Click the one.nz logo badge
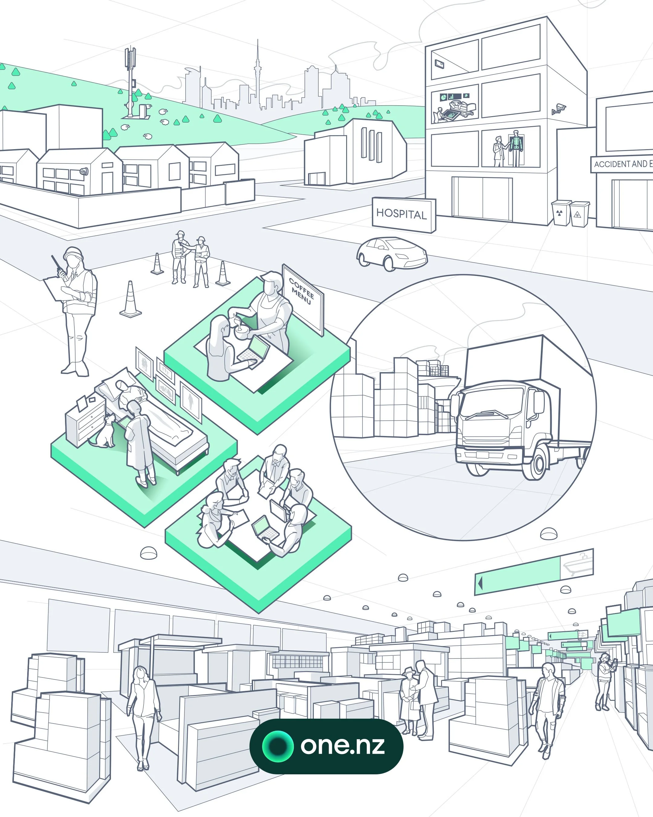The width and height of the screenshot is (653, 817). (326, 746)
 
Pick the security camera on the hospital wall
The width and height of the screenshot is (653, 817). (559, 109)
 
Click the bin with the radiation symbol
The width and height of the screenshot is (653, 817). (560, 213)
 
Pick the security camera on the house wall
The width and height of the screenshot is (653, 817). (84, 172)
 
